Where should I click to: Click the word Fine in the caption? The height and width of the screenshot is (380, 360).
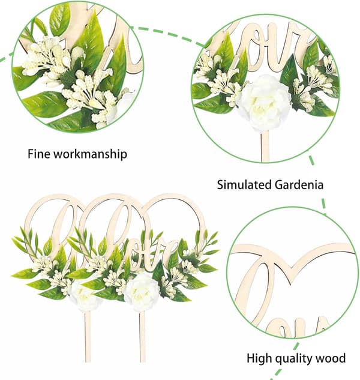pos(38,154)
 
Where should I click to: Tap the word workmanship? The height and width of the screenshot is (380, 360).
pos(90,154)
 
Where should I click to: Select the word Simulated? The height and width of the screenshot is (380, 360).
pos(244,185)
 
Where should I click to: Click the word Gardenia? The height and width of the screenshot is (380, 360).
pos(299,185)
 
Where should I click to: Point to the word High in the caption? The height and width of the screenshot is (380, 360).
pos(260,358)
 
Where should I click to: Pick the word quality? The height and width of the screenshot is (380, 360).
pos(297,358)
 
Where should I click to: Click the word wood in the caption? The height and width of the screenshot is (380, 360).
pos(333,358)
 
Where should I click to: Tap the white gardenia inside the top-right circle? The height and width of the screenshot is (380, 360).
pos(264,102)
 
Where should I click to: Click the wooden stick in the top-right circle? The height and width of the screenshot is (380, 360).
pos(265,146)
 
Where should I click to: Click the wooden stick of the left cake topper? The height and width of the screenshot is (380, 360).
pos(88,336)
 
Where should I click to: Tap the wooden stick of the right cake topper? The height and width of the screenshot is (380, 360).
pos(142,337)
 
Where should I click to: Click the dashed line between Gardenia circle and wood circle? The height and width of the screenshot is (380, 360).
pos(317,184)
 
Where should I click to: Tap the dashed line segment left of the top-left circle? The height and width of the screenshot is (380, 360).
pos(7,58)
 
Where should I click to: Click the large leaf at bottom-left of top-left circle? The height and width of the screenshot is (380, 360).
pos(45,103)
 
